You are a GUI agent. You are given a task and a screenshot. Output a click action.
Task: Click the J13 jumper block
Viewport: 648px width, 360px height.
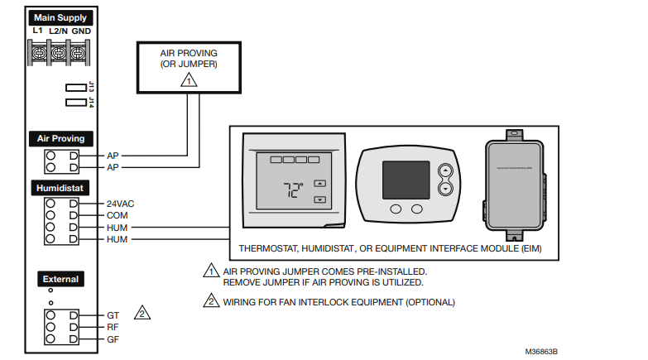coord(75,87)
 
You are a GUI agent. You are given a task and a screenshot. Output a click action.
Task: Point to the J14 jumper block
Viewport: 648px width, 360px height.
coord(75,103)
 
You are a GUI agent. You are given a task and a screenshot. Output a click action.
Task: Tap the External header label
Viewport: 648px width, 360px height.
coord(60,279)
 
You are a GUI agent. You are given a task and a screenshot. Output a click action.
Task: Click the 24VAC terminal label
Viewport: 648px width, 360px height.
coord(121,203)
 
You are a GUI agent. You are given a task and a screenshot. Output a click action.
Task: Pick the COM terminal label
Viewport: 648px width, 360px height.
coord(117,215)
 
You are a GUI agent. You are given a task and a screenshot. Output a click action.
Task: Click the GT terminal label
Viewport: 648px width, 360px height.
coord(113,315)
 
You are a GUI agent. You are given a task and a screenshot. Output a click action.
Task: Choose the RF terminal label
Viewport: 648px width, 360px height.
coord(113,327)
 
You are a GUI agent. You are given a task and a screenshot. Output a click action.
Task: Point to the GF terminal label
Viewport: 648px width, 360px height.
coord(113,339)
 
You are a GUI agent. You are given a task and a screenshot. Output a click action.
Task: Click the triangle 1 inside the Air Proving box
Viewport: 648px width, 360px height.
coord(190,81)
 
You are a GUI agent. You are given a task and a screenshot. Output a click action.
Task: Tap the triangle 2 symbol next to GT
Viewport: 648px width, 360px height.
coord(143,314)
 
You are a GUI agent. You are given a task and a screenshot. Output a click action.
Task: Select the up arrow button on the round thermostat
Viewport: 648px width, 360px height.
coord(445,171)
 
